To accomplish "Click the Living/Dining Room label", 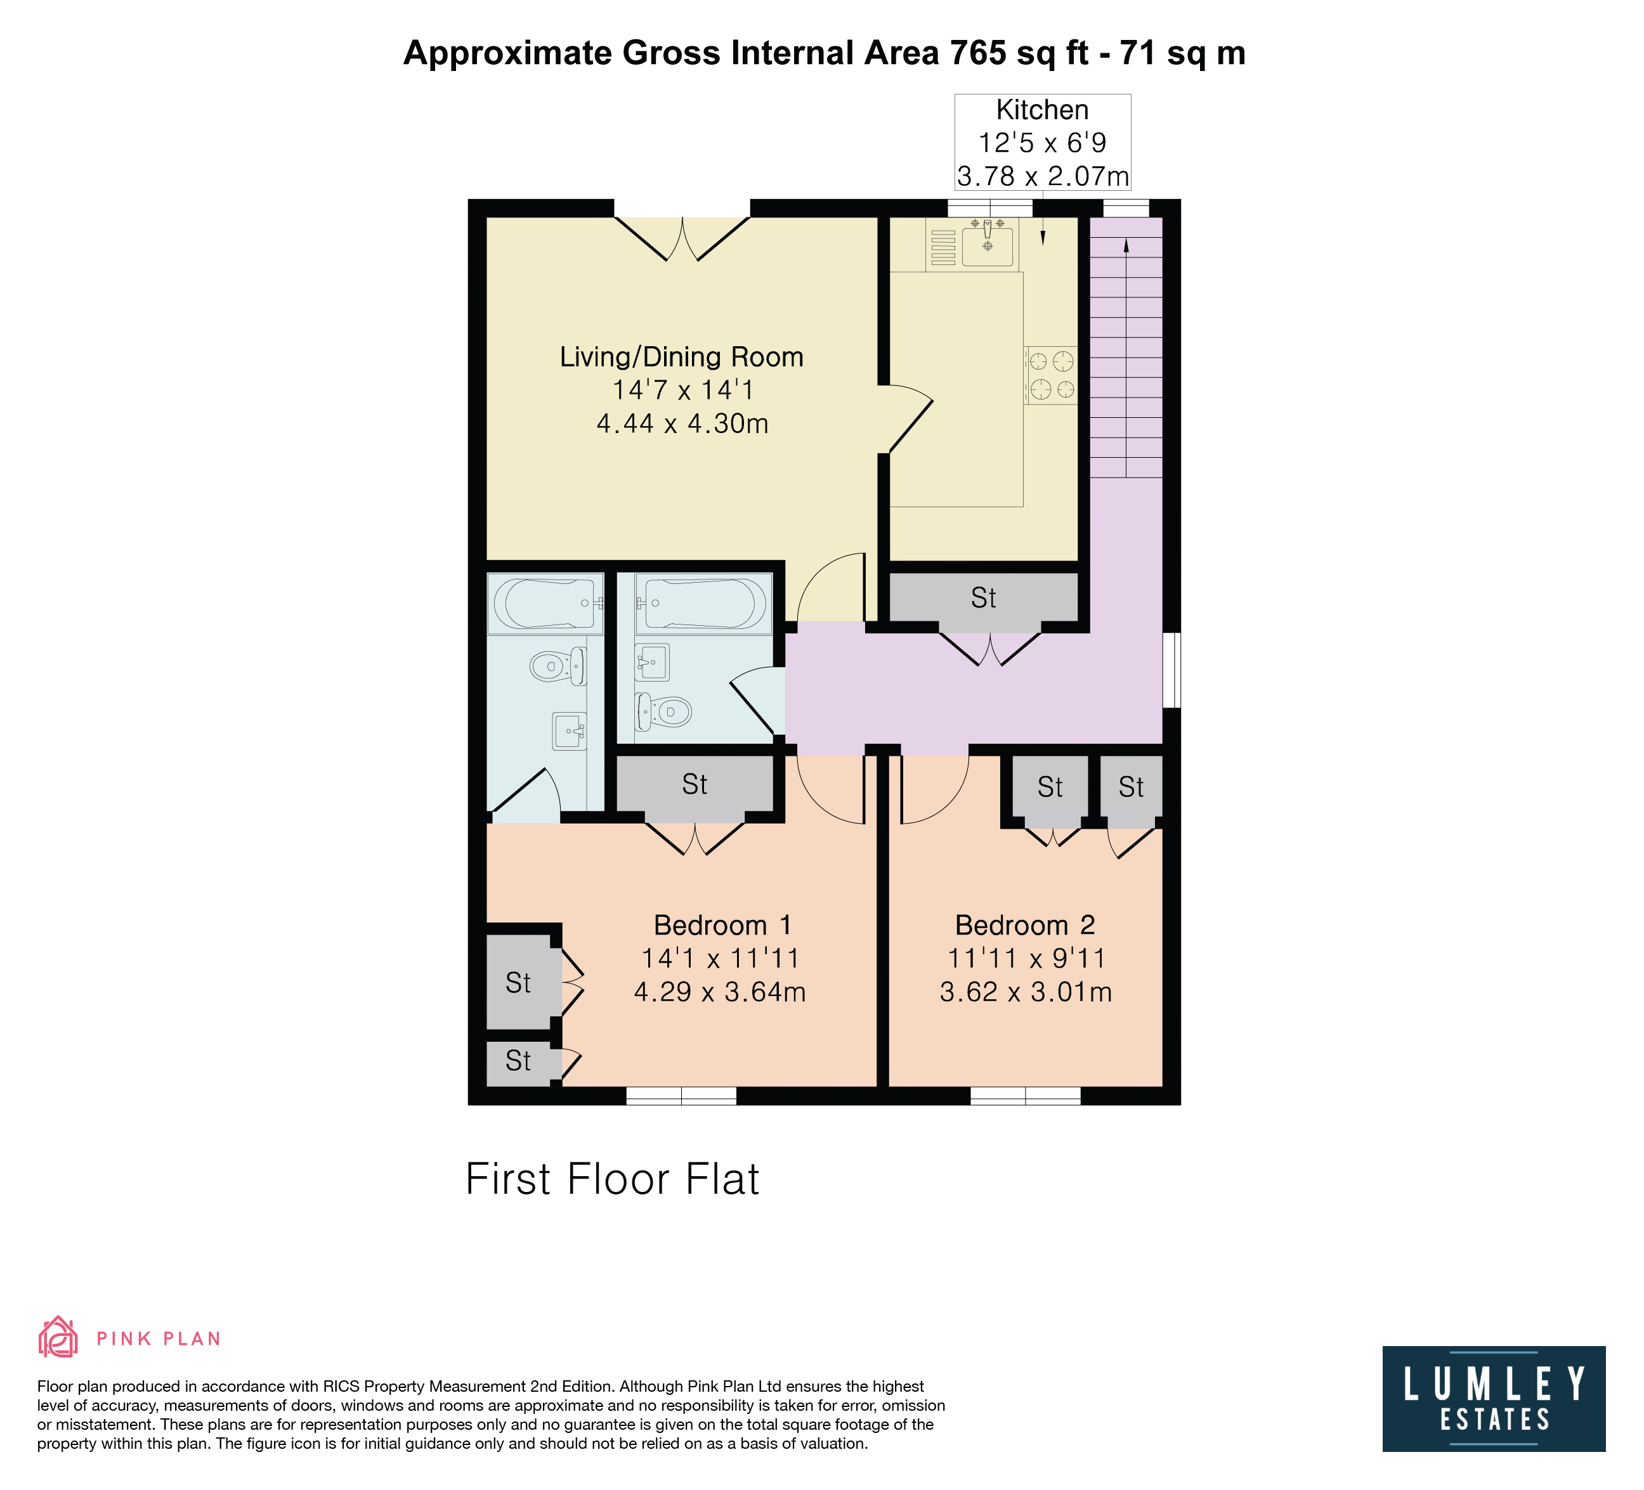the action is (x=682, y=357).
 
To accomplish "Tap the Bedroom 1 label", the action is (x=722, y=925).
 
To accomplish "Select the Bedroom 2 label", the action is (x=1025, y=925).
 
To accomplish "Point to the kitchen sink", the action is (x=988, y=243).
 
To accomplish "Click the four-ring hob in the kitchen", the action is (x=1051, y=375).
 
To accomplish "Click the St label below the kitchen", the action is (x=984, y=599).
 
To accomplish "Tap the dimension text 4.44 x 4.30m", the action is (x=682, y=424).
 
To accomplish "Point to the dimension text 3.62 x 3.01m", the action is (x=1026, y=992).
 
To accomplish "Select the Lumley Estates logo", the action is (x=1494, y=1399).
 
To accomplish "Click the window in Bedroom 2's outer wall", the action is (x=1025, y=1096).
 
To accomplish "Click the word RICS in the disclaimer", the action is (x=342, y=1387).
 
